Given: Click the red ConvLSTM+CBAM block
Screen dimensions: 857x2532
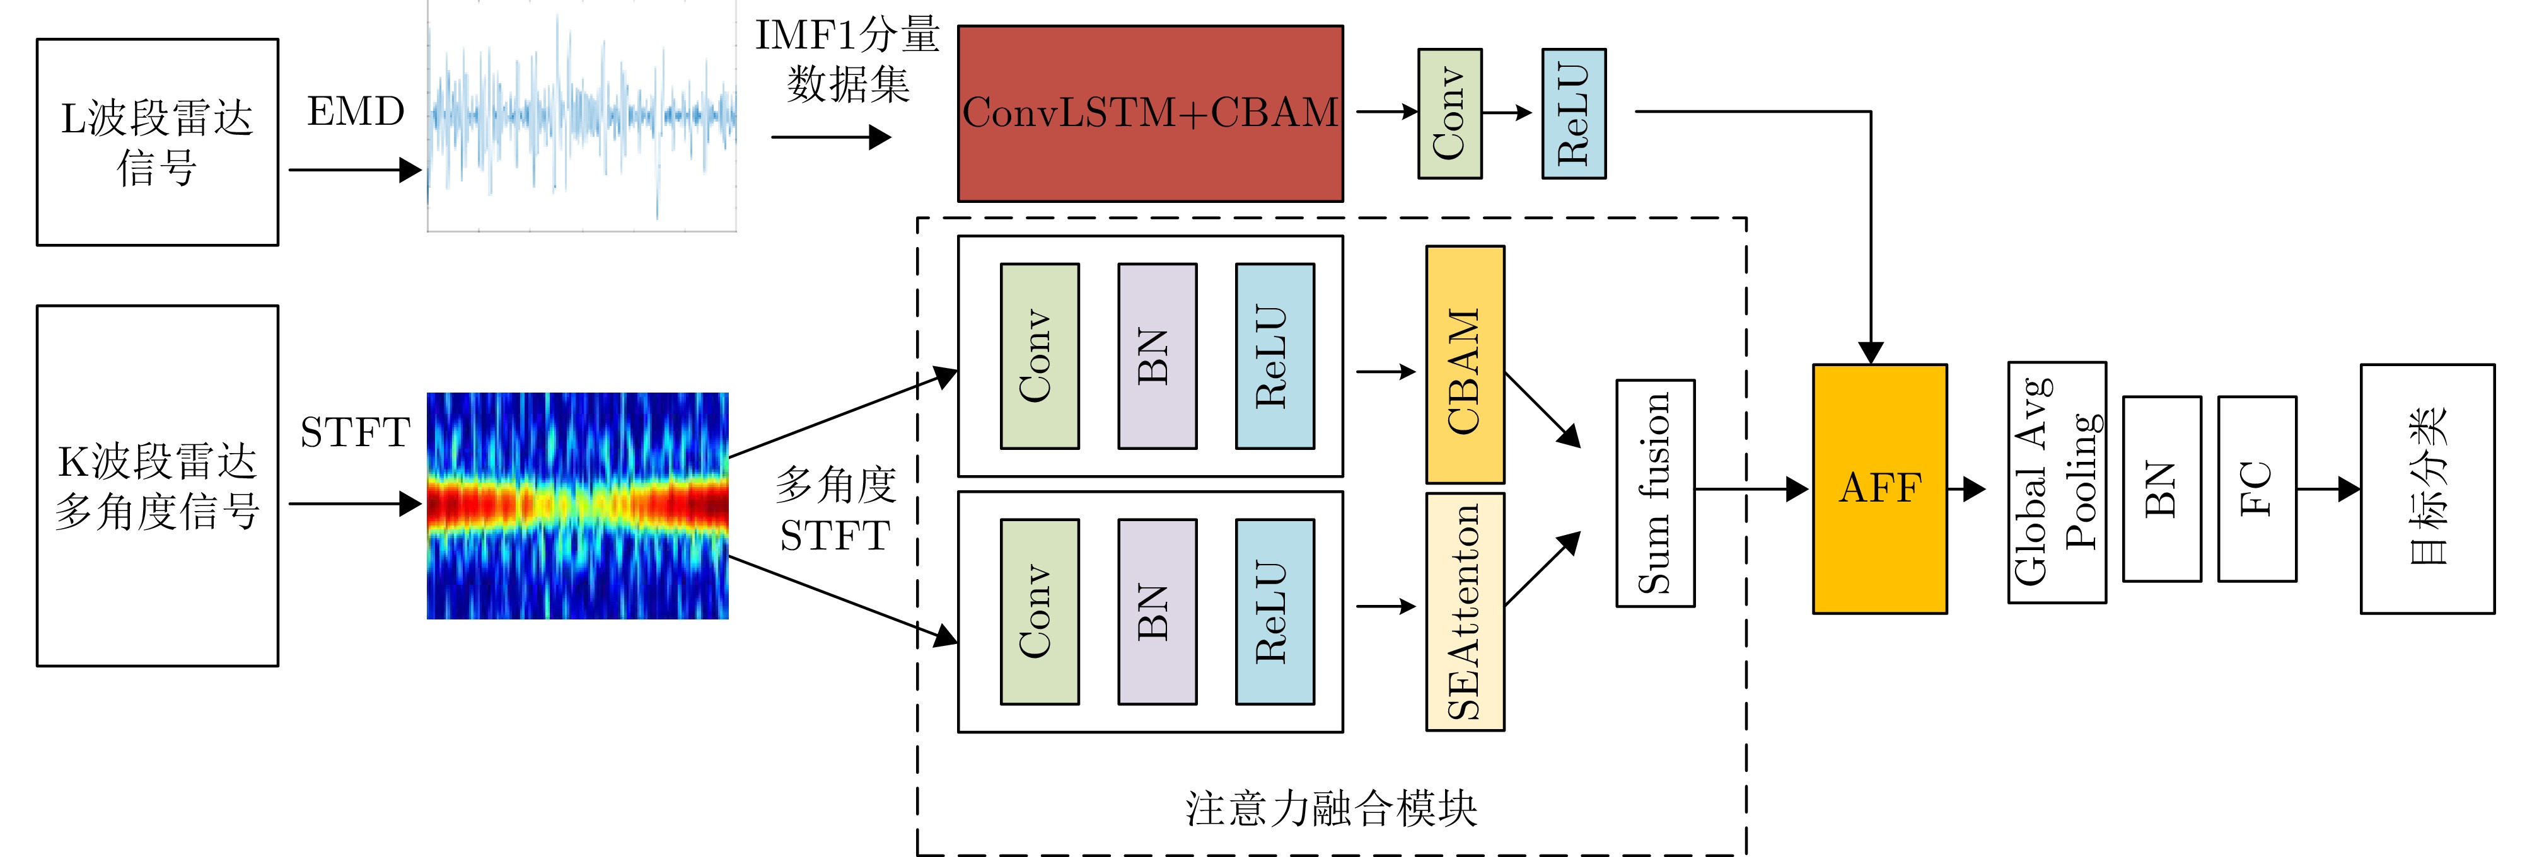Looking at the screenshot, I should (1150, 113).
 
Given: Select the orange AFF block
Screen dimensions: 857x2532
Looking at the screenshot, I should (1879, 488).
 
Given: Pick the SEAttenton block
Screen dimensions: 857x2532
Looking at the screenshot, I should (1465, 611).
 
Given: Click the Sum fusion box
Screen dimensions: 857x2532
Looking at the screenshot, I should (1655, 493).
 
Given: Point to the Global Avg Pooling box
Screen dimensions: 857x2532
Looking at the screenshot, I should (2056, 481).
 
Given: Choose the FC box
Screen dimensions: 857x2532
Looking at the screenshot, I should (2256, 488).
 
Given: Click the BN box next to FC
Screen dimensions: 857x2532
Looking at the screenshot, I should (2161, 488).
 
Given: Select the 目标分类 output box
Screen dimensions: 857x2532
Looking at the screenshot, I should (2427, 488).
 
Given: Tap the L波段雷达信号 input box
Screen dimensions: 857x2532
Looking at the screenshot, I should (157, 142).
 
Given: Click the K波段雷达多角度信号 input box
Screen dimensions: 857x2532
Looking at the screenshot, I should (157, 485).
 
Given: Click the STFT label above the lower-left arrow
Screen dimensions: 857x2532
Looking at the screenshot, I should (355, 432).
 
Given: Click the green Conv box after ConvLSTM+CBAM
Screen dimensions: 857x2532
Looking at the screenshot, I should (1450, 113).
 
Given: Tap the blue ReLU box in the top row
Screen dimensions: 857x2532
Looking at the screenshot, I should (1574, 113).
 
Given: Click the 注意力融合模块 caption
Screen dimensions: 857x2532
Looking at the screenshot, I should (1331, 808).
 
